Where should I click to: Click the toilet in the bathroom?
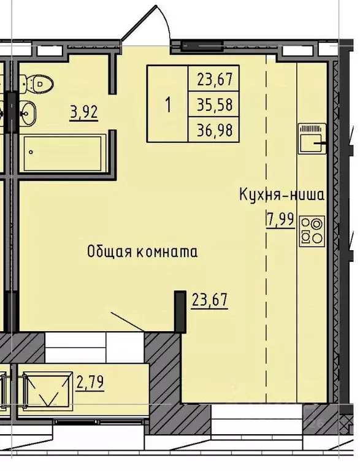(x=37, y=82)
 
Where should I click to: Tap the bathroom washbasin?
(x=28, y=112)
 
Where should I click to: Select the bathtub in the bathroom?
(x=63, y=154)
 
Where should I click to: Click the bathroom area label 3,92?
(x=84, y=113)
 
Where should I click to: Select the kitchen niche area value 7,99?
(x=280, y=219)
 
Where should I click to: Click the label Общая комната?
(x=142, y=251)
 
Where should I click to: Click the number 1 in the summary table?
(x=167, y=104)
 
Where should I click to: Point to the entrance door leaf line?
(x=127, y=322)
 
